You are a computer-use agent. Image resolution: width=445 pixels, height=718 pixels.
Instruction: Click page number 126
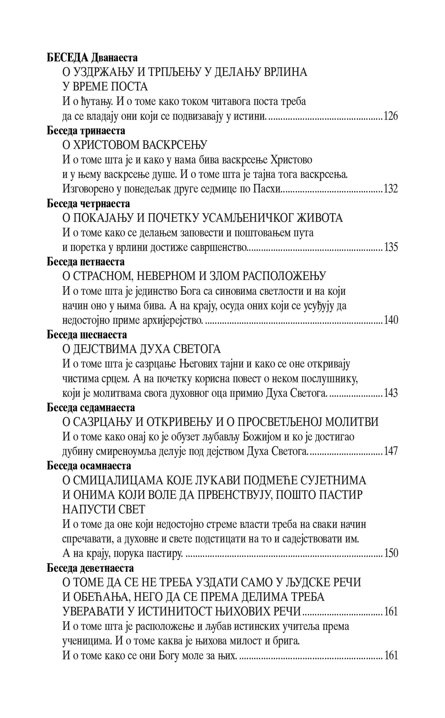[390, 116]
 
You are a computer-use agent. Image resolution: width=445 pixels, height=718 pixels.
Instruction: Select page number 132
[390, 189]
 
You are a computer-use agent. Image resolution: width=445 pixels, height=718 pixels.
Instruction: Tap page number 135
[390, 247]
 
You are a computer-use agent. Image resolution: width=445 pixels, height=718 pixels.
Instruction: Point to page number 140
[390, 320]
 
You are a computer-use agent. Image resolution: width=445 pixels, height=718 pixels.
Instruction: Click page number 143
[390, 393]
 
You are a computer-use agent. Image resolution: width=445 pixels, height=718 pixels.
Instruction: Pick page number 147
[390, 451]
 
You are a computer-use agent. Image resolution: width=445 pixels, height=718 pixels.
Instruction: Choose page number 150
[390, 553]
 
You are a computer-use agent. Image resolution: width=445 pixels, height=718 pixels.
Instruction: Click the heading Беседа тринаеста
[86, 131]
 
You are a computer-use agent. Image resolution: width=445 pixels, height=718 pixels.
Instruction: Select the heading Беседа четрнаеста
[88, 204]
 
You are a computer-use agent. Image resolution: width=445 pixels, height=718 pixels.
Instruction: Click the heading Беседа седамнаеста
[91, 408]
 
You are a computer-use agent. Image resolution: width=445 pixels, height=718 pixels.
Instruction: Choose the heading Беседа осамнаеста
[89, 466]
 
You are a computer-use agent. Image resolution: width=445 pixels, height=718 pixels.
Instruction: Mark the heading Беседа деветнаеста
[90, 568]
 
